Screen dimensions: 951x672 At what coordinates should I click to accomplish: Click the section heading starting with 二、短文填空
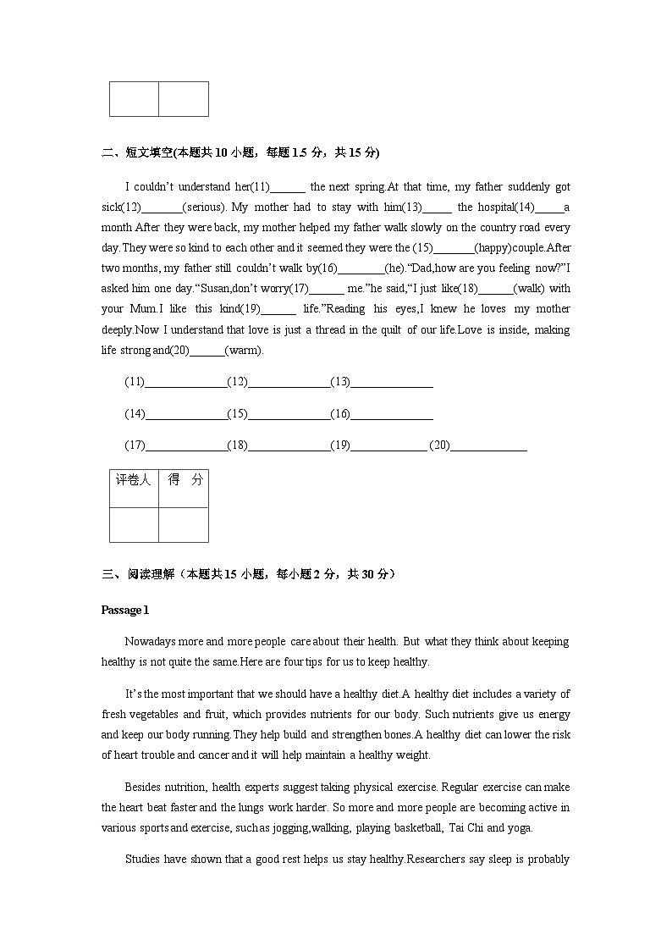pos(240,152)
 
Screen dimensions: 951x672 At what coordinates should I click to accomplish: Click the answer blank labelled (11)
pos(185,383)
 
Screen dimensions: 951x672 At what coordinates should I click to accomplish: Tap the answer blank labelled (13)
pos(391,383)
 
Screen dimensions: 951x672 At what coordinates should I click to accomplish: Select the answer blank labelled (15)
pos(288,415)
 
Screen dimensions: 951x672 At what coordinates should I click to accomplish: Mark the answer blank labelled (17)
pos(185,446)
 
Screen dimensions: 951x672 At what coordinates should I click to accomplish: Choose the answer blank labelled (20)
pos(488,446)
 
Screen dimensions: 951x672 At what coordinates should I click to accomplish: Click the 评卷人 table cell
pos(134,480)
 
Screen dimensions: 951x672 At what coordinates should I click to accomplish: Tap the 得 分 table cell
pos(185,480)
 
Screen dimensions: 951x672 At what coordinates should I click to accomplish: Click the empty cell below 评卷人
pos(134,524)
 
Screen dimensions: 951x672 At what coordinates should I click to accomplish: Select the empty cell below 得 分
pos(184,524)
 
